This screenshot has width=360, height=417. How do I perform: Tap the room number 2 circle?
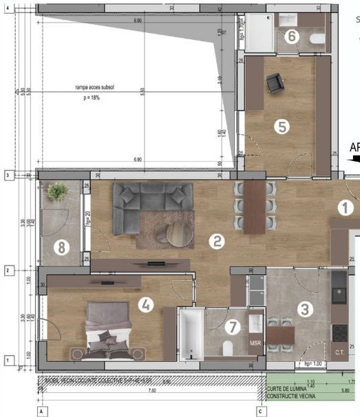[x=217, y=241]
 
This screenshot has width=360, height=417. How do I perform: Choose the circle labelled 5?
[x=280, y=126]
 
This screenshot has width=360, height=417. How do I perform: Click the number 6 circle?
[x=292, y=36]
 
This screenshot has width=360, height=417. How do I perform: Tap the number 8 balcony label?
[x=61, y=248]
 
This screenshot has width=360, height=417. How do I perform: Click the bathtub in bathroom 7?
[x=190, y=334]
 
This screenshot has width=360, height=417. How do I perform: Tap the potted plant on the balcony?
[x=56, y=193]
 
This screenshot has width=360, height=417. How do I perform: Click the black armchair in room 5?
[x=275, y=83]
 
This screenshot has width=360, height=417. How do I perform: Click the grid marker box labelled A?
[x=42, y=411]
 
